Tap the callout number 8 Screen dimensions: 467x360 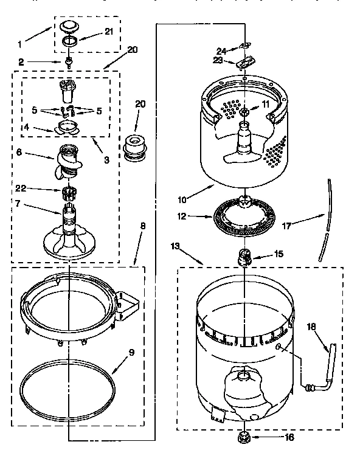[x=144, y=226]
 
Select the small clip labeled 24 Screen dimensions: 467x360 [x=244, y=45]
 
